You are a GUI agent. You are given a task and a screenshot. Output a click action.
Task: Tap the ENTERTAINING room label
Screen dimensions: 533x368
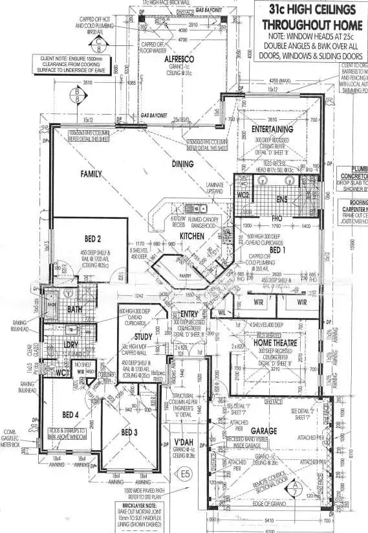pyautogui.click(x=272, y=129)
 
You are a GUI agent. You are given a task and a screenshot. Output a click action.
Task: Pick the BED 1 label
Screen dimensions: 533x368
pyautogui.click(x=277, y=249)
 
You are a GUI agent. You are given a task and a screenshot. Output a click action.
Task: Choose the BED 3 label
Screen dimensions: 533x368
pyautogui.click(x=129, y=432)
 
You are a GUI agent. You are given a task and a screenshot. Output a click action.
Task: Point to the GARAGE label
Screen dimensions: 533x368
pyautogui.click(x=264, y=431)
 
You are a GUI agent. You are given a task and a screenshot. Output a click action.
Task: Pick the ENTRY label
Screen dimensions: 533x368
pyautogui.click(x=189, y=314)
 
